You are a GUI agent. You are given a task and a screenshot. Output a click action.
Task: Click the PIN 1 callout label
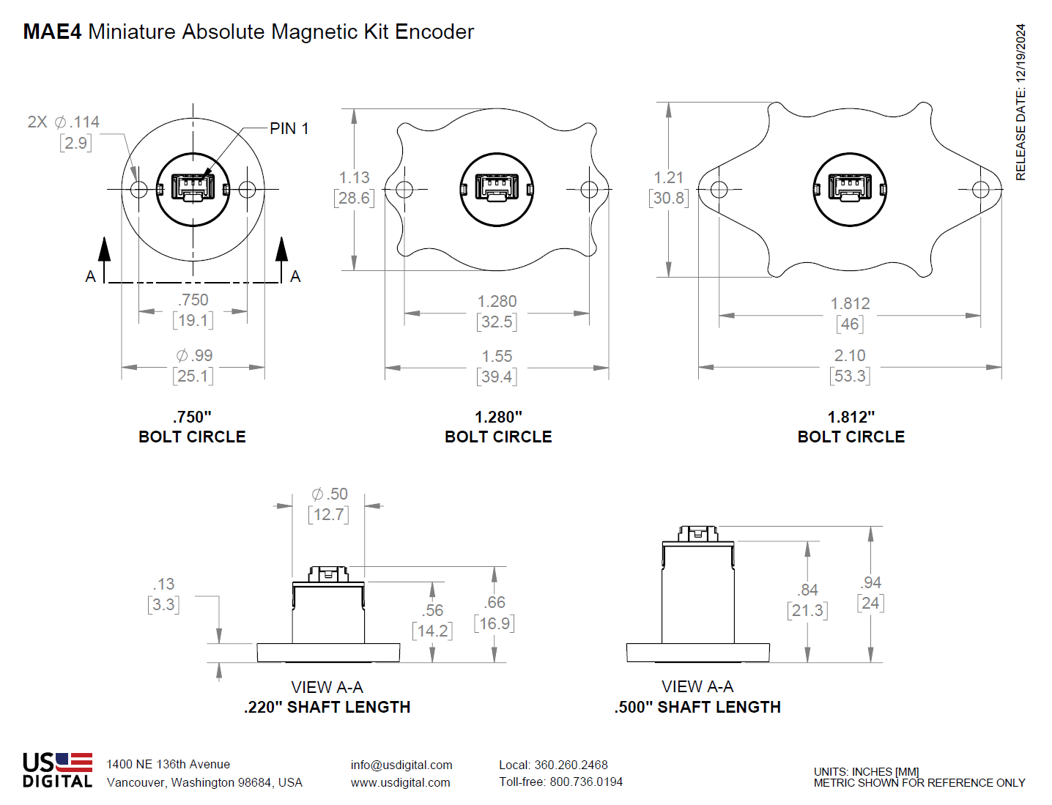289,129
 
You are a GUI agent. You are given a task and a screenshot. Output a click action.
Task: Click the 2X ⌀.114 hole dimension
64,122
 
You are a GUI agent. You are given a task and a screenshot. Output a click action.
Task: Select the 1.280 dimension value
497,302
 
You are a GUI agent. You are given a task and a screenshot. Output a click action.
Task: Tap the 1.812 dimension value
850,304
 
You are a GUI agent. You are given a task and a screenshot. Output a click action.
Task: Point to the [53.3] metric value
850,376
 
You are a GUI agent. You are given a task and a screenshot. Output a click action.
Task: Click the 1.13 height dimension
354,178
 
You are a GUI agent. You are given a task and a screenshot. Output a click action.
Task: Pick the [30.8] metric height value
669,199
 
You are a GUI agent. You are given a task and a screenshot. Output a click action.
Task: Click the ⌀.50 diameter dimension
329,494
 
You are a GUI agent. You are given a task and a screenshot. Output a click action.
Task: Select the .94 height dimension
870,583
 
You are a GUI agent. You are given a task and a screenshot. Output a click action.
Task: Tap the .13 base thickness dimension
163,585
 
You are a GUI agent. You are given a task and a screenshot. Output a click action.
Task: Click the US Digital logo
57,770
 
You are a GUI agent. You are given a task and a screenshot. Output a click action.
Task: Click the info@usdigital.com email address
401,765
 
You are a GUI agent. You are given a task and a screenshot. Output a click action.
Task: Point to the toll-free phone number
560,782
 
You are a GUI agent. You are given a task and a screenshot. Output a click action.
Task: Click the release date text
1020,103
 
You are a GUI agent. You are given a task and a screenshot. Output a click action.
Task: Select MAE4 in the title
52,32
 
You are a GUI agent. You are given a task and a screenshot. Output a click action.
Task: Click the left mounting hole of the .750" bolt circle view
138,190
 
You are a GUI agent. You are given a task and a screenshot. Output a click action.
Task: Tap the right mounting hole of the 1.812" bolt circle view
981,190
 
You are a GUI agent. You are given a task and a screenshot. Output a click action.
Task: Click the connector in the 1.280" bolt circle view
497,188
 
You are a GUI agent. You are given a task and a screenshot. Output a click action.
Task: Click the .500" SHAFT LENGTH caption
697,708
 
